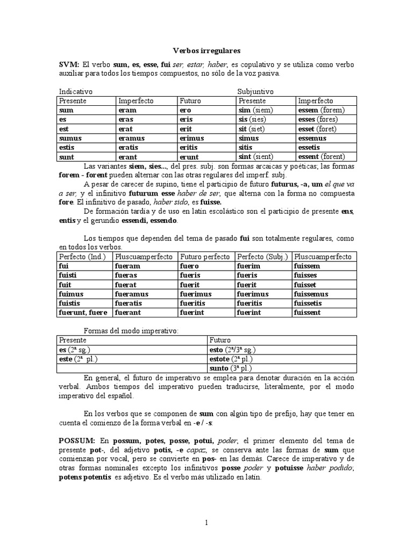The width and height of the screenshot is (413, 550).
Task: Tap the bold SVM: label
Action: click(x=69, y=65)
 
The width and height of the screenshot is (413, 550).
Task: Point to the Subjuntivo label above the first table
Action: click(x=255, y=92)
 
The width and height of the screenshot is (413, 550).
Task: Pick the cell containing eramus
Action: click(x=132, y=138)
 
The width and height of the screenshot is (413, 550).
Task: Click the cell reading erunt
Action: click(x=189, y=157)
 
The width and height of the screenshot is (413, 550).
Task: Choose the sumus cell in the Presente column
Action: click(x=70, y=138)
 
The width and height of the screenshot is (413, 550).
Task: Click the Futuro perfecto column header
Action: click(x=205, y=257)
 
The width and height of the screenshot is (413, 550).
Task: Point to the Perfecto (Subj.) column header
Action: click(x=264, y=257)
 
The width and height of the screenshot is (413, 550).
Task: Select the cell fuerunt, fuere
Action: click(x=83, y=313)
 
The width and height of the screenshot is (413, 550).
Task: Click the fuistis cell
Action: click(x=72, y=303)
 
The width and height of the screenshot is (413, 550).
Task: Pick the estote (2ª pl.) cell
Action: click(x=230, y=359)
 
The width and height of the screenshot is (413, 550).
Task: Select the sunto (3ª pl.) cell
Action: click(x=229, y=368)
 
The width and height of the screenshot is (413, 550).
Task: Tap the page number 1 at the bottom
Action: click(x=206, y=522)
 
